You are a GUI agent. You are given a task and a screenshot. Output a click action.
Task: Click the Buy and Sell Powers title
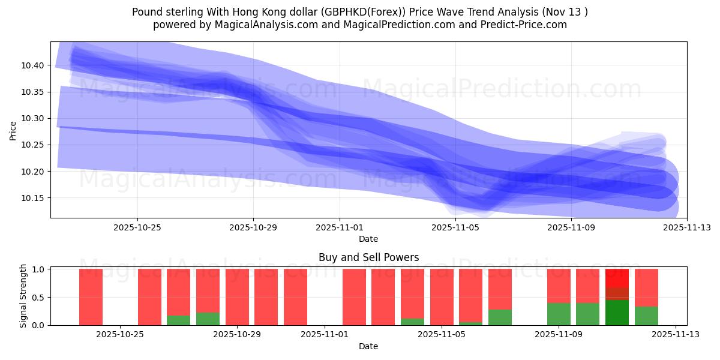point(368,257)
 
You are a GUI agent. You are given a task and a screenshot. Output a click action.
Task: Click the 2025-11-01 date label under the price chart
point(340,227)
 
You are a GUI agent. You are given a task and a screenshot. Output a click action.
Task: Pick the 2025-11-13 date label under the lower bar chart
point(676,335)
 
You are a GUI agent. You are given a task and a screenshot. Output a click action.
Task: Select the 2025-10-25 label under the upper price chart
point(137,227)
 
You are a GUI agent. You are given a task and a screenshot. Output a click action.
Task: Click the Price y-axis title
point(13,130)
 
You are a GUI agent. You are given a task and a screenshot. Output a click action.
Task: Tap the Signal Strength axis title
point(23,296)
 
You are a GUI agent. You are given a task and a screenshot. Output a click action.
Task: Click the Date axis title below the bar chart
point(368,346)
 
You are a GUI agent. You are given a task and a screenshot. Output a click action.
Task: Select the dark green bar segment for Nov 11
point(617,313)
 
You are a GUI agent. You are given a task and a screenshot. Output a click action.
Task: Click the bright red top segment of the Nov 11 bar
point(617,278)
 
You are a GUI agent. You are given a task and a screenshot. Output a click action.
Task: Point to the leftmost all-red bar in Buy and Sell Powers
point(91,297)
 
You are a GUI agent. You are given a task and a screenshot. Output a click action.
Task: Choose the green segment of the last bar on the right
point(646,316)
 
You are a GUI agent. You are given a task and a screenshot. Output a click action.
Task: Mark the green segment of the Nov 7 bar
point(500,317)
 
